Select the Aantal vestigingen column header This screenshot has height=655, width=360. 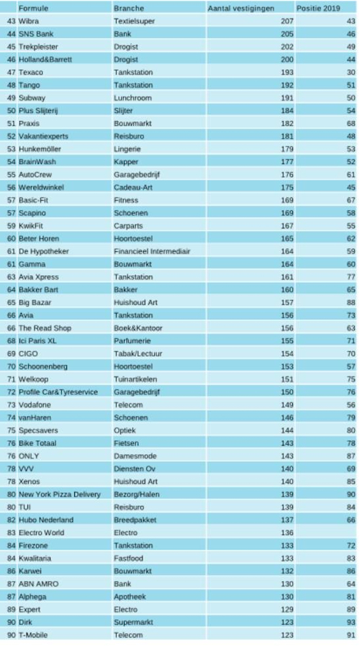240,9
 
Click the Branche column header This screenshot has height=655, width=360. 129,9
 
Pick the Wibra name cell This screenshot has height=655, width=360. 30,22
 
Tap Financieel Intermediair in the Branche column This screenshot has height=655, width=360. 151,251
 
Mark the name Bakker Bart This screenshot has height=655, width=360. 39,289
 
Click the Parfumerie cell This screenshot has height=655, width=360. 131,340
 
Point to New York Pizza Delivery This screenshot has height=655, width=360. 60,494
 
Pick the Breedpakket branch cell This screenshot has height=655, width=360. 134,520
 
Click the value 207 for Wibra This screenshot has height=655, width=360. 287,22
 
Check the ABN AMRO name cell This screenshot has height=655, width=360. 39,583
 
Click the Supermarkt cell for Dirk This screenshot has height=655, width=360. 132,621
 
